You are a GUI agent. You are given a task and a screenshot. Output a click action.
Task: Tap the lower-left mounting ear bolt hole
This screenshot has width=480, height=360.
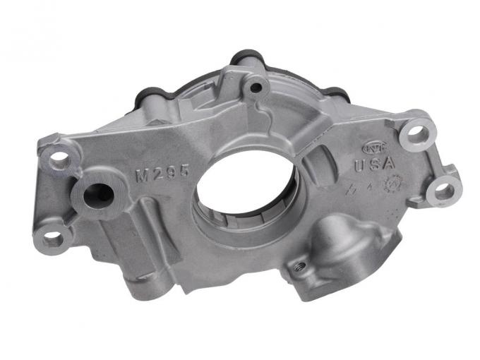coord(54,238)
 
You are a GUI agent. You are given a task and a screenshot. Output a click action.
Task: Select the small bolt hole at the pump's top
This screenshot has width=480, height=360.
coord(256,88)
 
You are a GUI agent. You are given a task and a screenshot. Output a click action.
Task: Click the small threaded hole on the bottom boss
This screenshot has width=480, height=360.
coord(299,266)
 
